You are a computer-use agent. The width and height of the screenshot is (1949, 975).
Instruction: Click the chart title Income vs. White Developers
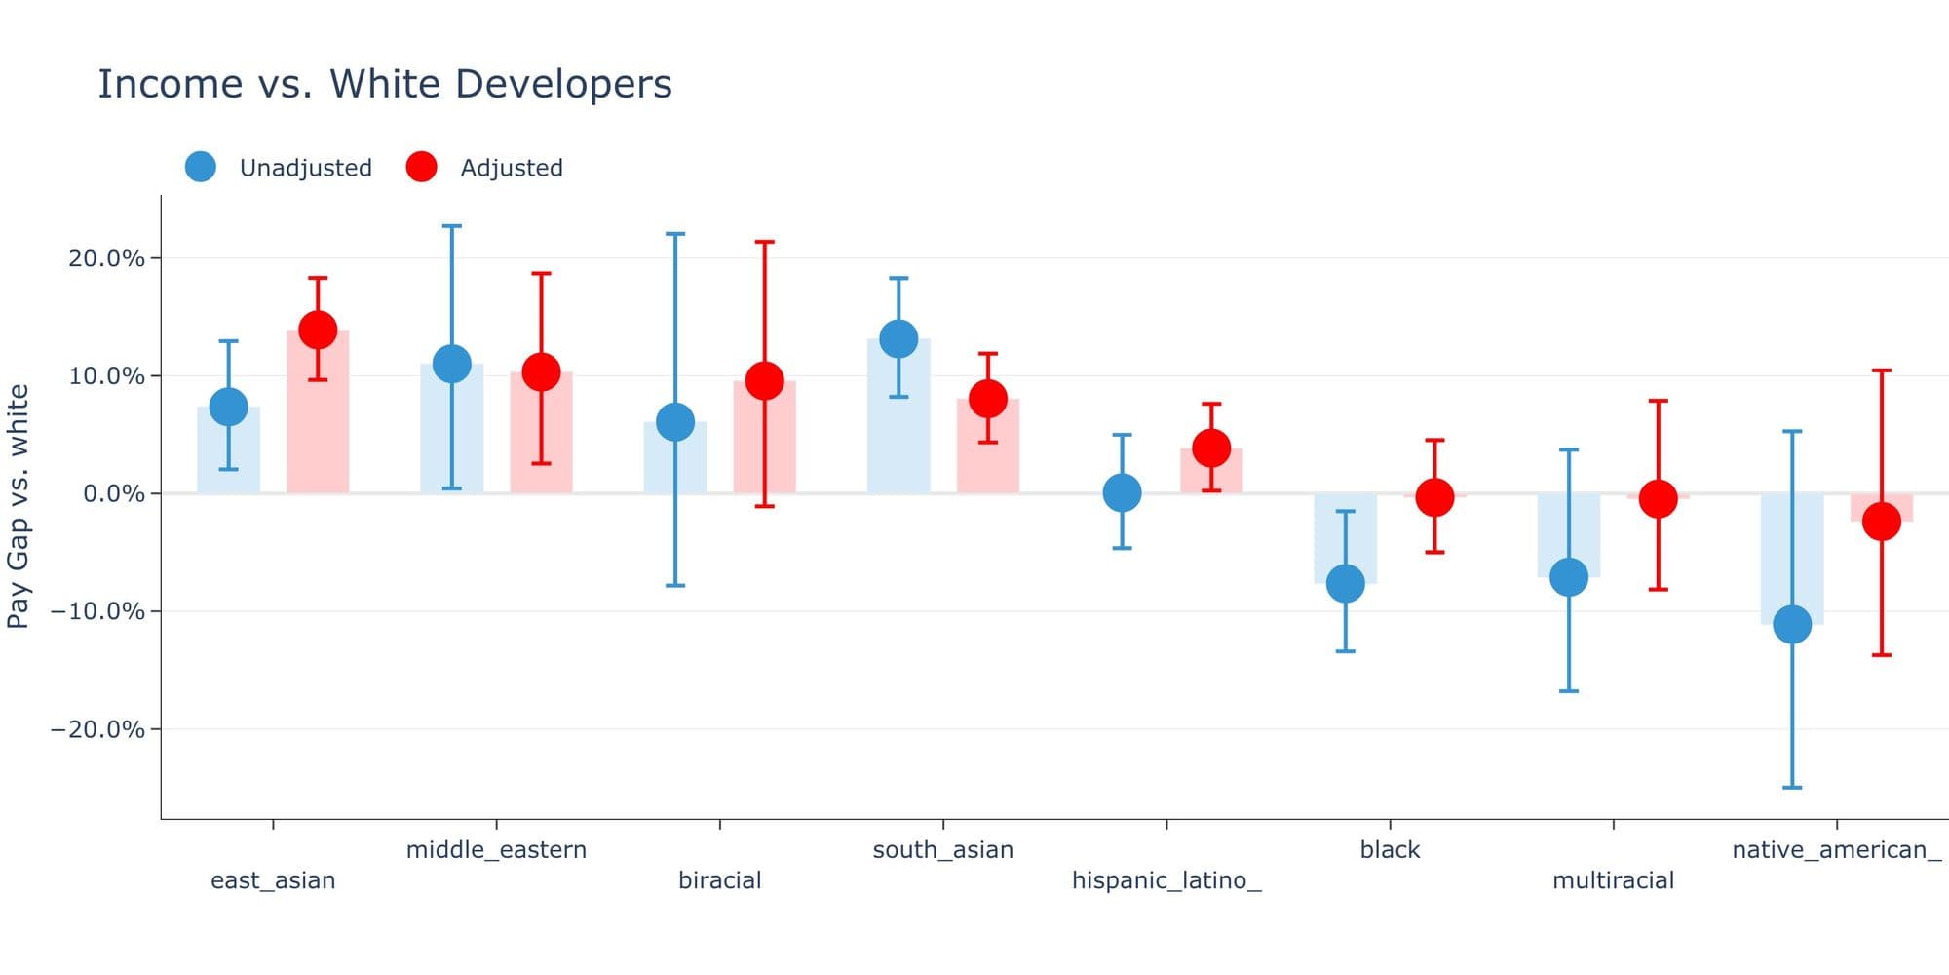pyautogui.click(x=384, y=84)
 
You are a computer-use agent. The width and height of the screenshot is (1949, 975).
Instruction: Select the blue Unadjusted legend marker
pyautogui.click(x=201, y=167)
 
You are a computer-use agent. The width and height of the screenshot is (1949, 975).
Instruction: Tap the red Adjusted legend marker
pyautogui.click(x=421, y=167)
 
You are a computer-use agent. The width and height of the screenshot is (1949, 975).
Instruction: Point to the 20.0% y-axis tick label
pyautogui.click(x=106, y=258)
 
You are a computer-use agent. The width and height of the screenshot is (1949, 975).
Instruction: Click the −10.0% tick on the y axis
pyautogui.click(x=97, y=611)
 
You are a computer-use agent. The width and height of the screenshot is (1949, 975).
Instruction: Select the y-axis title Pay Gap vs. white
pyautogui.click(x=19, y=506)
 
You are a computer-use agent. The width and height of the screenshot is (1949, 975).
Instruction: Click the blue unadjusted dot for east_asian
pyautogui.click(x=228, y=407)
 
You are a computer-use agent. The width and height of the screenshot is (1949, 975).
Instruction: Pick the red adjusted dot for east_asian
pyautogui.click(x=318, y=330)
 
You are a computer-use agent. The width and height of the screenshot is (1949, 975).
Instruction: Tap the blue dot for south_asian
pyautogui.click(x=898, y=338)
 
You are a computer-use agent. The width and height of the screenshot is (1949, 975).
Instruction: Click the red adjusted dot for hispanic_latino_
pyautogui.click(x=1211, y=448)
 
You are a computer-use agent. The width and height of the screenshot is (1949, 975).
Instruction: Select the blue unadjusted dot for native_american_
pyautogui.click(x=1792, y=624)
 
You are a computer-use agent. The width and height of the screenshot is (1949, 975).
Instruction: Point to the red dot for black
pyautogui.click(x=1434, y=497)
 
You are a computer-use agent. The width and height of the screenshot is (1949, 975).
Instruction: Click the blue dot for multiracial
pyautogui.click(x=1569, y=576)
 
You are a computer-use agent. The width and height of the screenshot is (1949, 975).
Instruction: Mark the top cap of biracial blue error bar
pyautogui.click(x=675, y=234)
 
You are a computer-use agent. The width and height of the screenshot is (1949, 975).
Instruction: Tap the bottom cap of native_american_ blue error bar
pyautogui.click(x=1792, y=787)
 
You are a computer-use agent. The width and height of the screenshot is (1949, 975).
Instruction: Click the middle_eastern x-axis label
pyautogui.click(x=496, y=849)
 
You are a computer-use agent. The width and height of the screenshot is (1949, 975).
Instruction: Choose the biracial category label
pyautogui.click(x=719, y=880)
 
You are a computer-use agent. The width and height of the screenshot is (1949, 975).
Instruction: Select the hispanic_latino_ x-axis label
pyautogui.click(x=1166, y=880)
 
